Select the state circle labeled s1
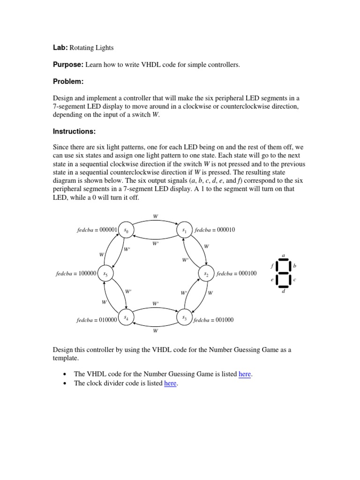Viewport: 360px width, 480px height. click(184, 230)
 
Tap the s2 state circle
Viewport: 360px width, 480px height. click(206, 273)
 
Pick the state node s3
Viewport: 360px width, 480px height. click(184, 318)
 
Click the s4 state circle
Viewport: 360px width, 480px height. click(126, 318)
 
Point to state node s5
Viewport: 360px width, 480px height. click(105, 273)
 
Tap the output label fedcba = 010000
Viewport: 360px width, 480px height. click(97, 320)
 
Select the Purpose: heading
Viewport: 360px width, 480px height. click(68, 64)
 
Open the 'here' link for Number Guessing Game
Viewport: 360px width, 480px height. click(245, 374)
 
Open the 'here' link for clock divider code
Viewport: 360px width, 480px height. click(170, 383)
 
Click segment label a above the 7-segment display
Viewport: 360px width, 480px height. click(283, 255)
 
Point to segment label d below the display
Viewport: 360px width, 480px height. click(283, 292)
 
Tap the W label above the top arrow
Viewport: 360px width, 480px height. click(156, 216)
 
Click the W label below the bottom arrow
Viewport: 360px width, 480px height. click(156, 330)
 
